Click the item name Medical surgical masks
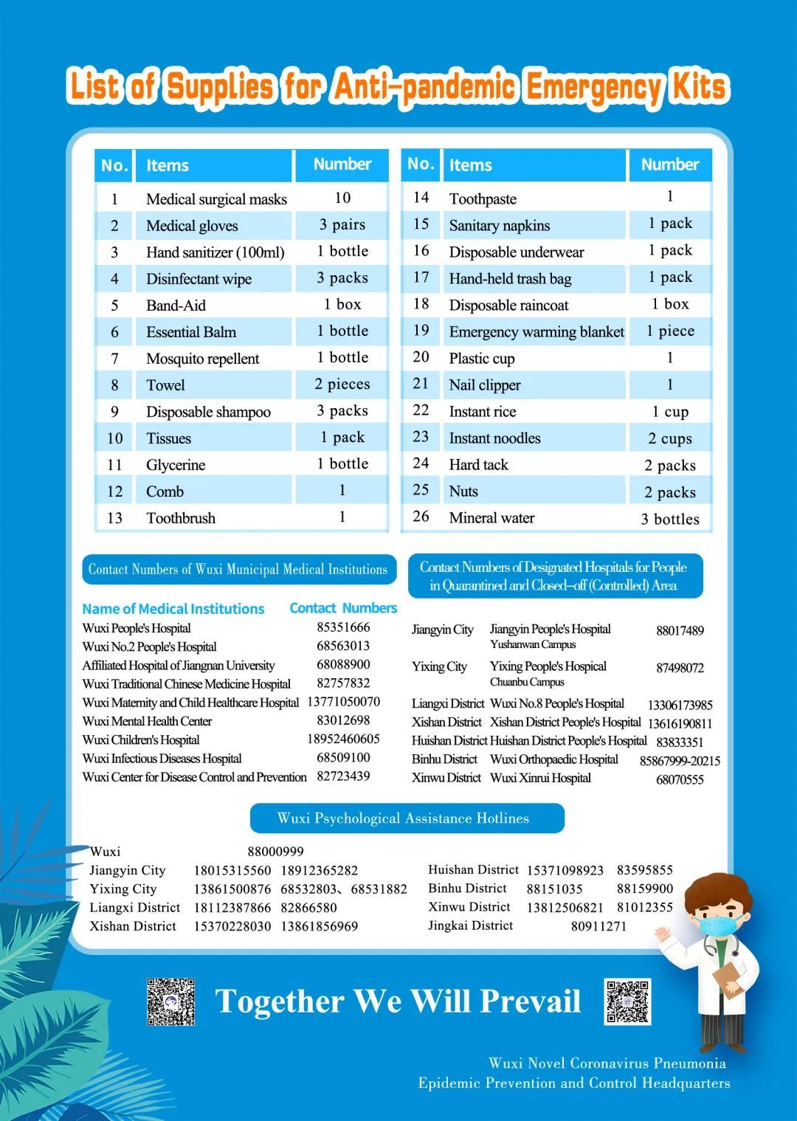[216, 199]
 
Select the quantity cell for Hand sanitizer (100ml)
[342, 252]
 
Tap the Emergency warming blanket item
[536, 332]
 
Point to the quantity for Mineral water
[669, 519]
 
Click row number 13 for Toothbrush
[114, 518]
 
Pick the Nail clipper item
[485, 385]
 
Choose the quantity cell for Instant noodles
[669, 439]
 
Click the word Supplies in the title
[219, 87]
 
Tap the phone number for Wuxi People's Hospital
[343, 627]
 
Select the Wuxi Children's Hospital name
[141, 739]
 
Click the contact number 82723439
[343, 776]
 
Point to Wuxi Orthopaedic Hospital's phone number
[679, 761]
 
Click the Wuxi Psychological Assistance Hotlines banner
[403, 818]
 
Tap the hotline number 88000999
[275, 852]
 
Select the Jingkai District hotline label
[470, 925]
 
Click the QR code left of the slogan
[170, 1001]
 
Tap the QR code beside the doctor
[627, 1001]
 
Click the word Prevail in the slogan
[530, 1001]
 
